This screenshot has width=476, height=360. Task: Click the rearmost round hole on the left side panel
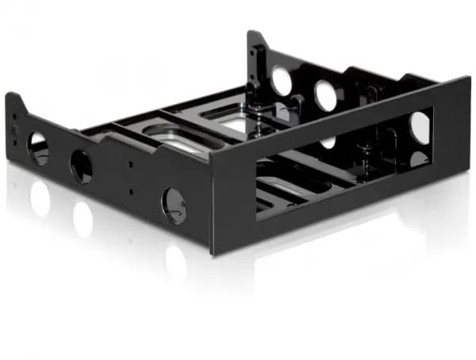(38, 148)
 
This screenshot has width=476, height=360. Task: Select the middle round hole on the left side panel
(81, 166)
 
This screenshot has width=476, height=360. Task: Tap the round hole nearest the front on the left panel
(174, 205)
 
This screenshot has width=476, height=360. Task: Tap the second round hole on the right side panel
(325, 95)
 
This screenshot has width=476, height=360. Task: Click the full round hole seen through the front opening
(420, 127)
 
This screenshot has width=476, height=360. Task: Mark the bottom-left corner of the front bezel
(213, 252)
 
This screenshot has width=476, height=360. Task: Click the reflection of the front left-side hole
(175, 262)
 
